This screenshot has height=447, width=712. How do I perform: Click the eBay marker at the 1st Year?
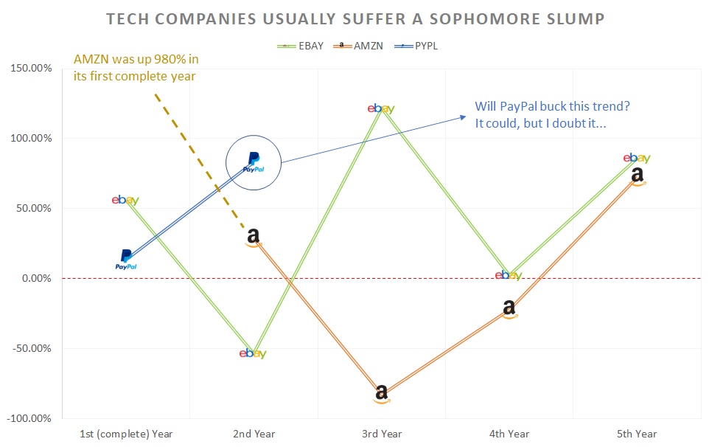[x=125, y=200]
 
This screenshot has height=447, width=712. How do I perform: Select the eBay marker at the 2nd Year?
[x=253, y=353]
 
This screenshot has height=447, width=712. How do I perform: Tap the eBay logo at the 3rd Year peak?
[x=381, y=108]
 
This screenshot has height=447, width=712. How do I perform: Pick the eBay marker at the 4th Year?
[x=509, y=275]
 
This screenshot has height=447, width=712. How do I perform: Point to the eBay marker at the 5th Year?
[x=637, y=158]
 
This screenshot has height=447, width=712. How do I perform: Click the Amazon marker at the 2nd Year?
[x=253, y=237]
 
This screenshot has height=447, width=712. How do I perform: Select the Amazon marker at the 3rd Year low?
[x=381, y=393]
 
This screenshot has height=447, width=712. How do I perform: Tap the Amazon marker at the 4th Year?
[x=509, y=308]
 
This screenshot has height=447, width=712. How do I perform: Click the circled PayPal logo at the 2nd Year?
[x=253, y=161]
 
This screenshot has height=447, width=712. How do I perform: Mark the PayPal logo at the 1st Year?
[x=126, y=259]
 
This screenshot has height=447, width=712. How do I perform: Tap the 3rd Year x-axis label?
[x=381, y=434]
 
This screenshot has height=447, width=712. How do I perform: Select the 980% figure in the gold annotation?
[x=163, y=59]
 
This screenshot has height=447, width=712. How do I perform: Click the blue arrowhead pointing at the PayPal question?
[x=463, y=116]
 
